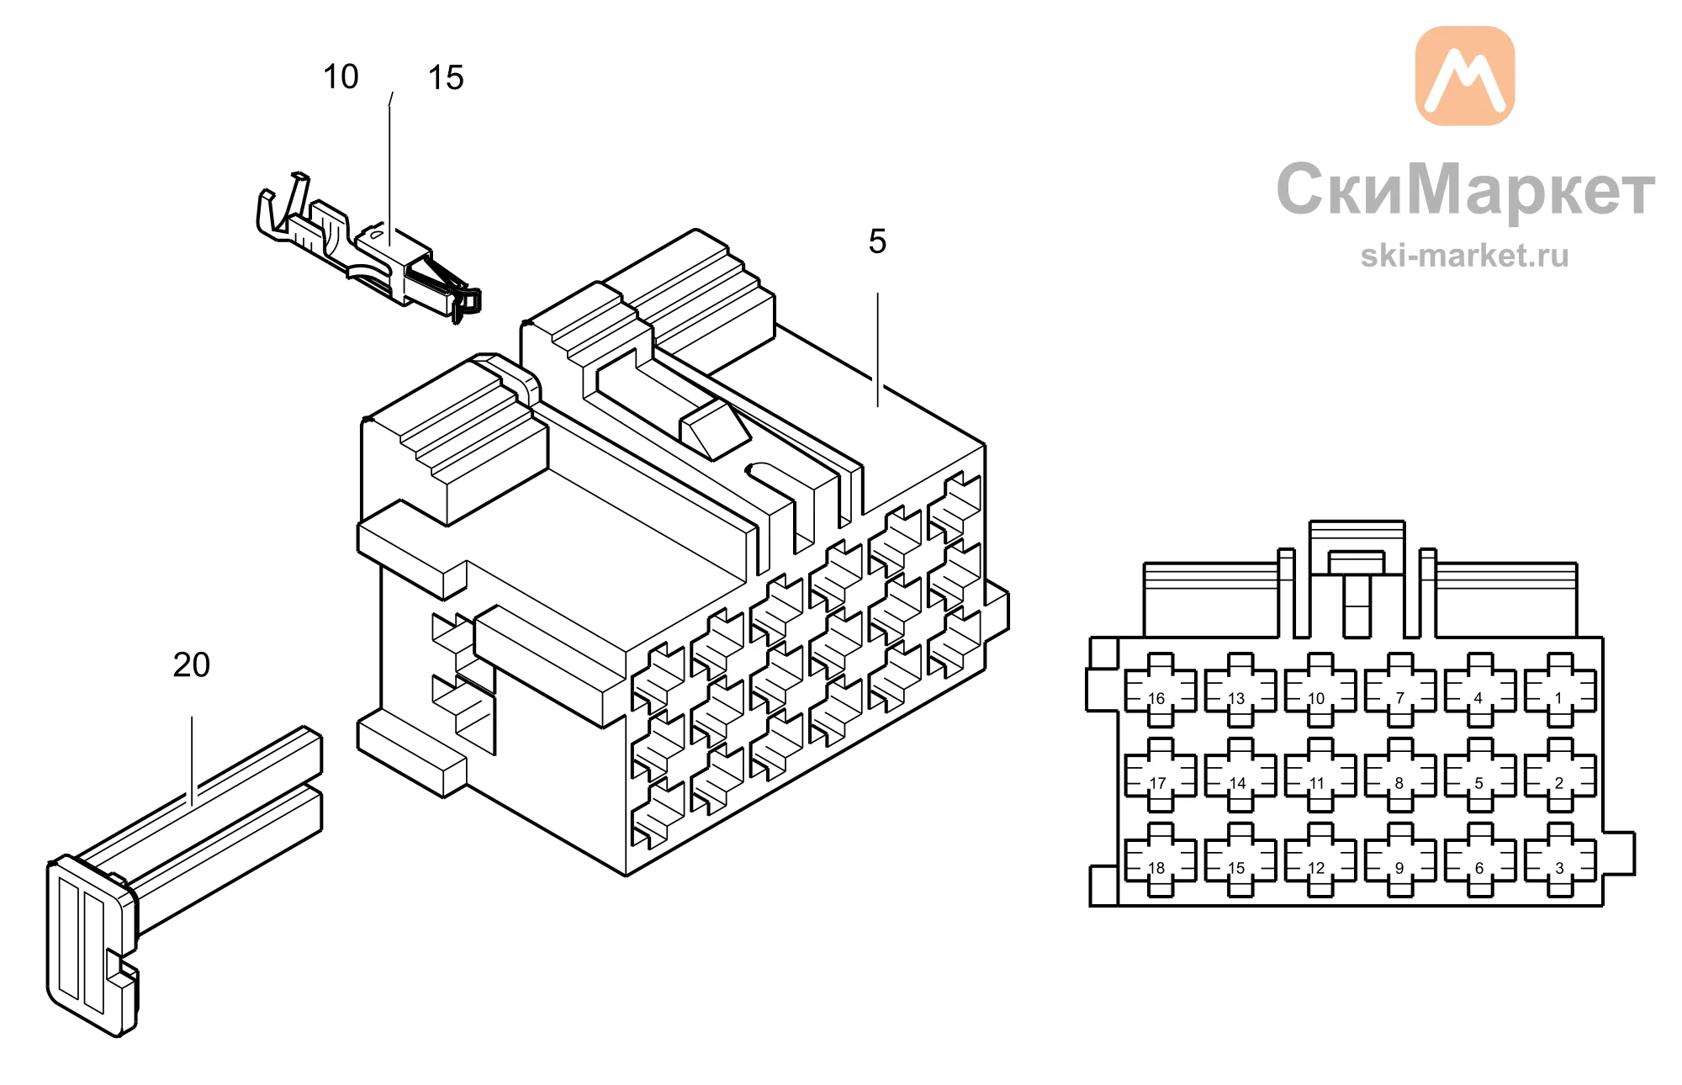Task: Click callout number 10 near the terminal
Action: (341, 77)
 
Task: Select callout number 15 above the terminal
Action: (446, 78)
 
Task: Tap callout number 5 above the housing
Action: (877, 241)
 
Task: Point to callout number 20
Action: (192, 665)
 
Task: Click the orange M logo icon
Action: (1465, 76)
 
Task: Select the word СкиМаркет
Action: (1465, 190)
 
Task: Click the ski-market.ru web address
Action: (1464, 256)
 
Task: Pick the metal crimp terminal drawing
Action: (368, 247)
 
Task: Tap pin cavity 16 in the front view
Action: (1161, 691)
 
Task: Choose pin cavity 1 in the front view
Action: (1560, 691)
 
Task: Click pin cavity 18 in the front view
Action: (1161, 860)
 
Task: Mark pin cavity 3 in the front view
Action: (1560, 860)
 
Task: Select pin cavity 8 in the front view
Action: (1400, 775)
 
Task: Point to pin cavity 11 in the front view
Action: (1320, 775)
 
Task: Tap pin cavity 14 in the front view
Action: (1240, 775)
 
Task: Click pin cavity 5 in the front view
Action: (1480, 775)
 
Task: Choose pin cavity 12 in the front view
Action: (1320, 860)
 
